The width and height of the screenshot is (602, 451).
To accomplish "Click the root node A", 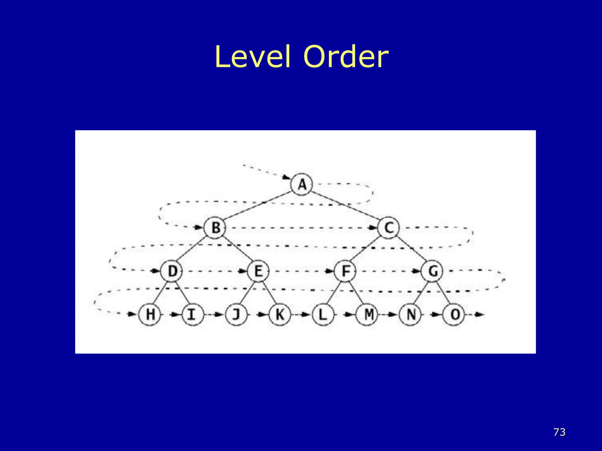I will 302,184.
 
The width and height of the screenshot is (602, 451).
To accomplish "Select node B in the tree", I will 215,228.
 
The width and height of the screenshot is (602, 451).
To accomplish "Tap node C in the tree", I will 389,228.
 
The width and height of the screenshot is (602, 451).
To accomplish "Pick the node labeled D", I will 172,271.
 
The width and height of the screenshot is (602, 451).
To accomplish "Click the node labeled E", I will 258,271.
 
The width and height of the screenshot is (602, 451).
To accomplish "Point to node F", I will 345,271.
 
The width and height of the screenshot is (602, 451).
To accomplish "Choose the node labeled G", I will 432,271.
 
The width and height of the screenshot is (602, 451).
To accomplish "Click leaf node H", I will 150,314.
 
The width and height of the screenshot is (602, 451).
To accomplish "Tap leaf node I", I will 193,314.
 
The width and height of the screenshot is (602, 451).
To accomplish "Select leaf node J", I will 236,314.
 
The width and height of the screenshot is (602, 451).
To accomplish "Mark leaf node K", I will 280,314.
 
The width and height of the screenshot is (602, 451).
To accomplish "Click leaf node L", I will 323,314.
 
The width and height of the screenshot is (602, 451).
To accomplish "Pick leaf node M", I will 367,314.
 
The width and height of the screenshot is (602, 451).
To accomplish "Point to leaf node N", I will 410,314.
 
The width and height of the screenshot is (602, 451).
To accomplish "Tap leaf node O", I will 454,314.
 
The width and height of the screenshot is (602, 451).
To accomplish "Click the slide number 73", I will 559,432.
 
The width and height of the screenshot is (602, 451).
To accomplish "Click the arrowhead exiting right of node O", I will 480,314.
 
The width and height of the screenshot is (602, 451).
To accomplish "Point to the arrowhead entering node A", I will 286,177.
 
